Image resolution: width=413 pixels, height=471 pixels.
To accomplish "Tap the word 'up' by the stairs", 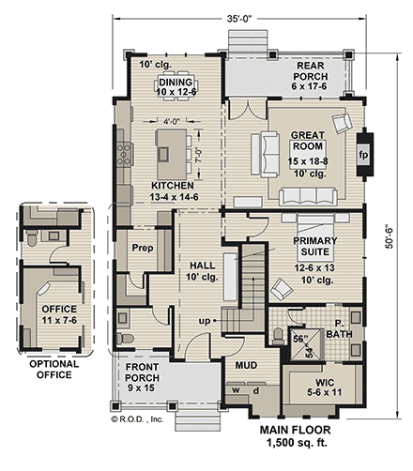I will pyautogui.click(x=202, y=321).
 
